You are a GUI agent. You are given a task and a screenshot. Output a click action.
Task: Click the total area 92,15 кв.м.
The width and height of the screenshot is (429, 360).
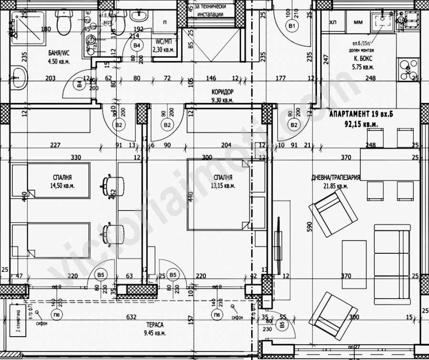point(362,124)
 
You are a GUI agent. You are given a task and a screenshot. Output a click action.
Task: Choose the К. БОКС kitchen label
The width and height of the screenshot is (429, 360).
point(363,60)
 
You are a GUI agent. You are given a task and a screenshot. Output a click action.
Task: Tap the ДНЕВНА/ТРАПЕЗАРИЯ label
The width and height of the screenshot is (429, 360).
point(336,177)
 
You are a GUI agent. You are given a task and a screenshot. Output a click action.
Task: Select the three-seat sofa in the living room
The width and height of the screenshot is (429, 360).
point(392,264)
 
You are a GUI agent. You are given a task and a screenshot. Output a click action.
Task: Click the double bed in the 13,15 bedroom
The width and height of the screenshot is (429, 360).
point(219,194)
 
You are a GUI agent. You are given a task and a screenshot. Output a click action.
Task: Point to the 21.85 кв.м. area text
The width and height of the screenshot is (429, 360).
point(336,186)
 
